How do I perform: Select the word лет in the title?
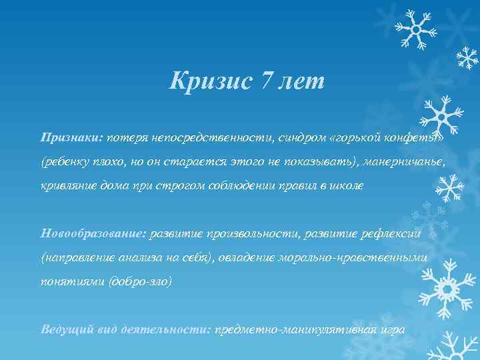303,83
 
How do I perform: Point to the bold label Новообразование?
94,233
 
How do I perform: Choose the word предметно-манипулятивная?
295,330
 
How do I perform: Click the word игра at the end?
393,330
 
